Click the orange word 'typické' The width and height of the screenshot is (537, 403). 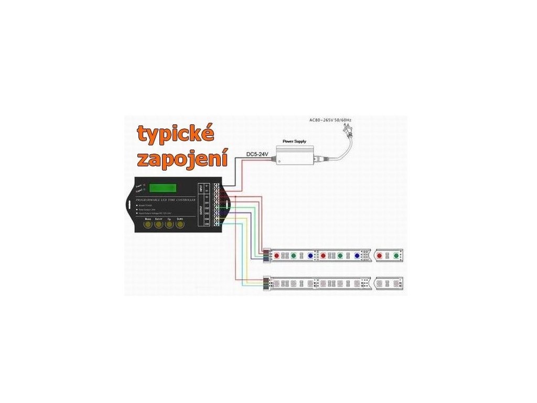point(176,135)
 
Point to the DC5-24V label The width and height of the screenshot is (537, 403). point(257,154)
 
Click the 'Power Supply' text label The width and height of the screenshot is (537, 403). point(294,142)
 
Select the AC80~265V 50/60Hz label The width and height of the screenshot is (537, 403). point(330,120)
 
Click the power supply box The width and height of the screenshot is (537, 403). point(295,154)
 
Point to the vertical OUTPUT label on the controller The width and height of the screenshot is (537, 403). point(201,212)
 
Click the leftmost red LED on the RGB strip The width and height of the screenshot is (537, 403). point(277,256)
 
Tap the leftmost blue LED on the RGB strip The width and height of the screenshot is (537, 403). point(310,256)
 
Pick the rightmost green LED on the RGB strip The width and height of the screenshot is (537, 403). point(396,256)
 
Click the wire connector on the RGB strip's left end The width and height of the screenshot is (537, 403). point(266,256)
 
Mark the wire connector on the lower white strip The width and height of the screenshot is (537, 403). point(266,283)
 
